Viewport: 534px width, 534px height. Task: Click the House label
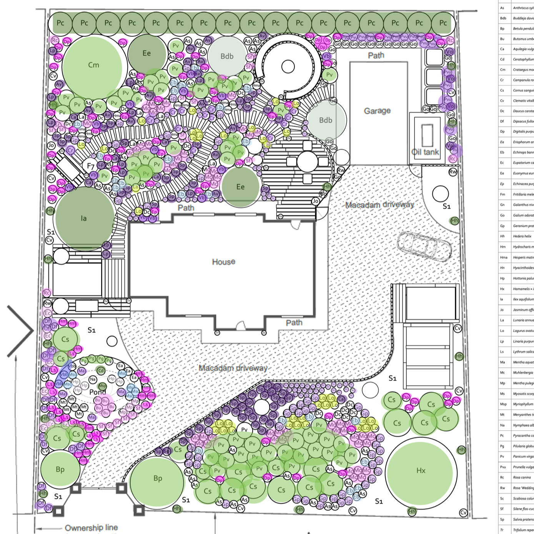[x=223, y=262]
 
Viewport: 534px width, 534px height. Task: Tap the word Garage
[x=377, y=111]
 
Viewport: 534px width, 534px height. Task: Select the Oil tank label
[x=425, y=152]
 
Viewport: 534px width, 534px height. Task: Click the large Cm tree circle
[x=93, y=65]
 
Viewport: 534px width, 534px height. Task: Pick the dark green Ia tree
[x=84, y=218]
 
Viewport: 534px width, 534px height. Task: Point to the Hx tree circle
[x=421, y=471]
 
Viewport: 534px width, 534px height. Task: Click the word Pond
[x=97, y=392]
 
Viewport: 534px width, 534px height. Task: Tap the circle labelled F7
[x=91, y=166]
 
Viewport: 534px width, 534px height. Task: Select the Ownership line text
[x=91, y=527]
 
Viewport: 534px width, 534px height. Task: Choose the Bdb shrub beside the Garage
[x=325, y=120]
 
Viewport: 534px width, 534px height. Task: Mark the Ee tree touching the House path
[x=241, y=187]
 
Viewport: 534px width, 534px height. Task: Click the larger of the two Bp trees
[x=158, y=479]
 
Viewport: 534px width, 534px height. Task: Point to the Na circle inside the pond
[x=93, y=379]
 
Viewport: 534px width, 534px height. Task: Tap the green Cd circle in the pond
[x=101, y=371]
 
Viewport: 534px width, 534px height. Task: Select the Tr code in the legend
[x=502, y=530]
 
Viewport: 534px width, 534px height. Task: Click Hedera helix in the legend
[x=522, y=236]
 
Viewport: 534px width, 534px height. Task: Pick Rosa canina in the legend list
[x=522, y=477]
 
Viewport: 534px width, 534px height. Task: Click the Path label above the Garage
[x=376, y=55]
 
